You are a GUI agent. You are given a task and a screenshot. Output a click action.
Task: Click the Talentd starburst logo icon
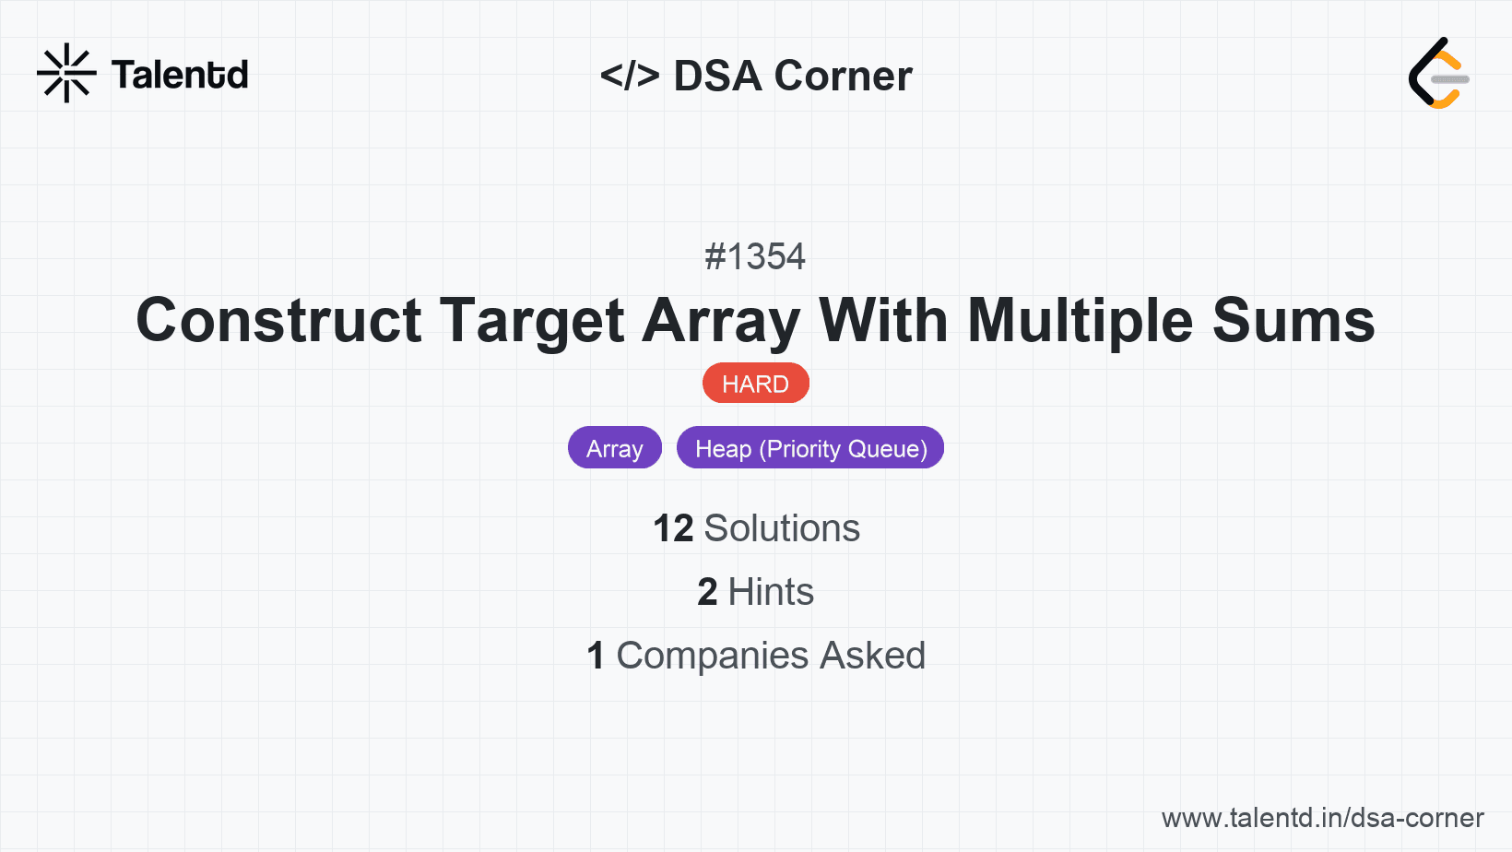(x=66, y=73)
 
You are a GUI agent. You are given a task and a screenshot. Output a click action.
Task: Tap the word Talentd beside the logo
(x=180, y=75)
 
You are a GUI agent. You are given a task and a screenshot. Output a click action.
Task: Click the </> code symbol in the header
(x=630, y=76)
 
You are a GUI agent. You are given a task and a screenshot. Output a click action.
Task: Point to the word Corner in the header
(x=844, y=76)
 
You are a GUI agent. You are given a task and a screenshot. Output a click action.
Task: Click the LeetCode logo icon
(x=1438, y=73)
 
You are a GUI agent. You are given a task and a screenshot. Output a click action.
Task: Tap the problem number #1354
(x=755, y=256)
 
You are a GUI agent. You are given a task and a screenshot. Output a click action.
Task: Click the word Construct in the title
(x=279, y=321)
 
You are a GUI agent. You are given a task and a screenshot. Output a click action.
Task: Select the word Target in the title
(x=532, y=321)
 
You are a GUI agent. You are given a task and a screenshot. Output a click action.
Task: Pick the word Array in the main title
(x=722, y=321)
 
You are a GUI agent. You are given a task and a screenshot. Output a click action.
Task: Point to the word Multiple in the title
(x=1081, y=321)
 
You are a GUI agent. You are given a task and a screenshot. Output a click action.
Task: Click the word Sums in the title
(x=1293, y=321)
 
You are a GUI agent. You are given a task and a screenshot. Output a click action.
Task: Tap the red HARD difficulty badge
(x=755, y=384)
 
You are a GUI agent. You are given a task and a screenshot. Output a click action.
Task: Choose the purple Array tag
(x=615, y=448)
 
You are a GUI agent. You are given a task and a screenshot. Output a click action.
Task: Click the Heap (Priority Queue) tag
(x=810, y=448)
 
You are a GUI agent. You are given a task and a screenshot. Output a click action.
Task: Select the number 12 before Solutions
(x=673, y=528)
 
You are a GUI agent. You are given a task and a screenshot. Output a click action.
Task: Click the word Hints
(x=771, y=592)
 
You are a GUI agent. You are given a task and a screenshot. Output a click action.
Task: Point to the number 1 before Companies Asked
(x=596, y=656)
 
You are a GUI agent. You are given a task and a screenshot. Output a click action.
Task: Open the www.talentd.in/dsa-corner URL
(x=1322, y=818)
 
